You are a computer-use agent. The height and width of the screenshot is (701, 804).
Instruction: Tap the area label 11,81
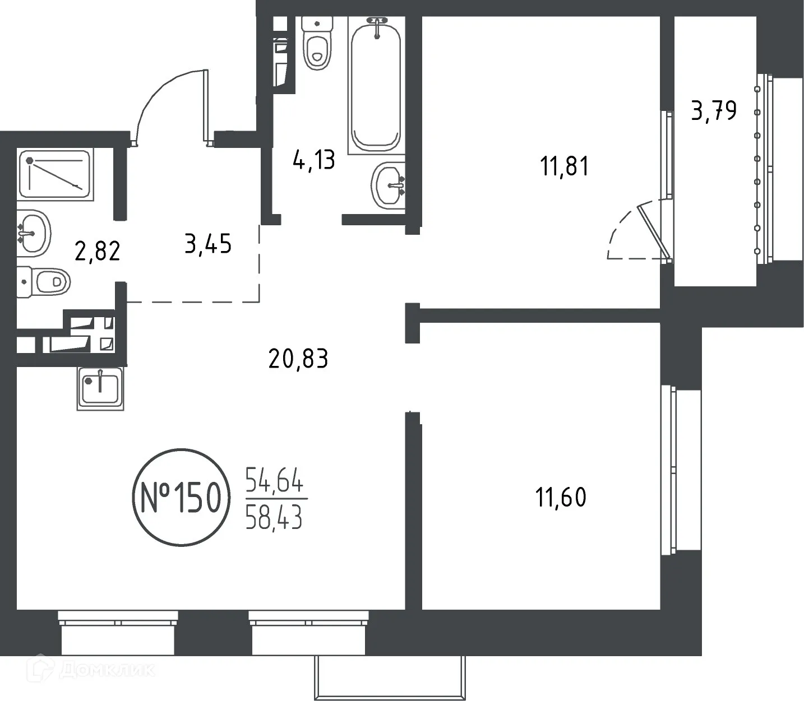click(564, 166)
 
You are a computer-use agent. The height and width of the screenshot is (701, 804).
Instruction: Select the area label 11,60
click(561, 497)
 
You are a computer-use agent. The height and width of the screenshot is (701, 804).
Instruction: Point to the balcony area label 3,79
click(713, 111)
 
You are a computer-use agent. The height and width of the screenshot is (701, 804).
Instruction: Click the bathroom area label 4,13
click(313, 160)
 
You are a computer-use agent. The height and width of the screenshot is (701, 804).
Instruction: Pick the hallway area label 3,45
click(208, 245)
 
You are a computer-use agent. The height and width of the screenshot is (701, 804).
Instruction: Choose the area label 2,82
click(98, 252)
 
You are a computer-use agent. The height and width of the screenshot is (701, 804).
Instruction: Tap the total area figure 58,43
click(274, 518)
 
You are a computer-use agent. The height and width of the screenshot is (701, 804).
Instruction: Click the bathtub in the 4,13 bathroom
click(376, 84)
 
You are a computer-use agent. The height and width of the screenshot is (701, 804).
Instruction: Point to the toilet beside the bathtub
click(317, 44)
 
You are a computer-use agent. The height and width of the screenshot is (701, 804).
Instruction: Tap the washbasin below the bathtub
click(389, 185)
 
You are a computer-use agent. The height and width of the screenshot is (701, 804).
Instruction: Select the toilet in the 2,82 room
click(44, 282)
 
